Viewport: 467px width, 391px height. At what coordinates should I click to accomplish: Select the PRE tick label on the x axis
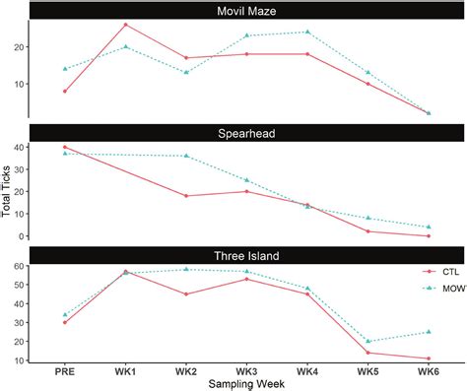coord(65,369)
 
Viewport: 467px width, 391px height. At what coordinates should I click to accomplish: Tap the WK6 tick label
coord(428,369)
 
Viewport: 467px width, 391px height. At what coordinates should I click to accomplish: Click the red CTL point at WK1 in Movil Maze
coord(125,25)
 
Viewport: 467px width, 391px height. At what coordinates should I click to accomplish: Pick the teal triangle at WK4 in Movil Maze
coord(307,32)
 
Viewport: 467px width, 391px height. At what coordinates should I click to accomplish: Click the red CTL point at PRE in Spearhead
coord(65,147)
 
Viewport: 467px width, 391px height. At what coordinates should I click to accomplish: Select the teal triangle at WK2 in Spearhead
coord(186,156)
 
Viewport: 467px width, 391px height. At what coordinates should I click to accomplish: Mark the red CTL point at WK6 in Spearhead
coord(428,235)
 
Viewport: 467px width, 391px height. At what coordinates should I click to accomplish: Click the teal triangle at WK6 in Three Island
coord(428,332)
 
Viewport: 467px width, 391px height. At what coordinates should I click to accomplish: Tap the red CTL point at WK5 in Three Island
coord(367,353)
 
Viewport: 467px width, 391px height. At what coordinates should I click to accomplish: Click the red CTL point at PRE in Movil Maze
coord(65,91)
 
